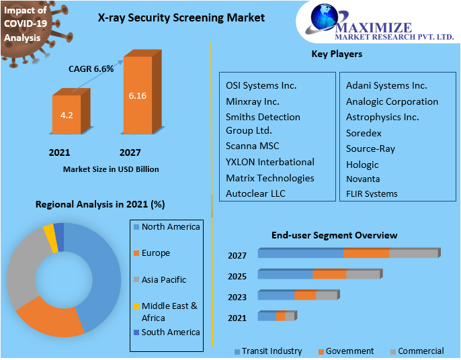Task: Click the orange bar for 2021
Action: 67,115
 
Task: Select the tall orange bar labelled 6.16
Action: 138,95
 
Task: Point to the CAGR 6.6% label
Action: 91,68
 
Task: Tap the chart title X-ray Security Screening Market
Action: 171,18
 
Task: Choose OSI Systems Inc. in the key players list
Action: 261,85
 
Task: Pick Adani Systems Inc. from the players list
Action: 386,85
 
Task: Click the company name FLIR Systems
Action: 372,194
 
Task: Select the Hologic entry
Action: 362,165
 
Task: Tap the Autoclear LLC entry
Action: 255,193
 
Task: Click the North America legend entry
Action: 171,227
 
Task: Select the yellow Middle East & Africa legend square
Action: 136,306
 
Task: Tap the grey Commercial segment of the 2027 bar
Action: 413,253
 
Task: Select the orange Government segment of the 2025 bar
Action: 329,274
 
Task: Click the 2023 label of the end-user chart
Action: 237,296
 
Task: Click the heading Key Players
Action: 337,54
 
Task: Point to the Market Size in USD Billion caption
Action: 111,169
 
